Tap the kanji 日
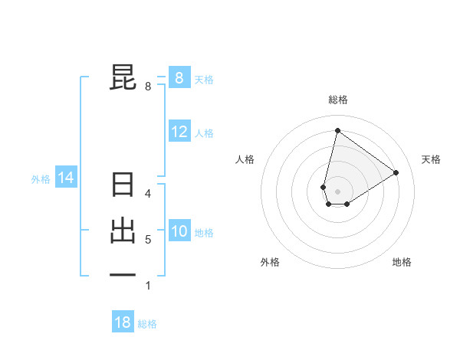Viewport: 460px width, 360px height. [123, 186]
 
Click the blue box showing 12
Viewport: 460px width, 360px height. [179, 132]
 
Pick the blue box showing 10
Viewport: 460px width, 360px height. [179, 231]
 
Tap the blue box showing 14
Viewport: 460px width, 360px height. [66, 178]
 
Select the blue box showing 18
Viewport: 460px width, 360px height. [123, 322]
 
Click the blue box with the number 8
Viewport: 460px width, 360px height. [179, 77]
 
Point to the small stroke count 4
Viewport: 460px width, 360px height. [148, 194]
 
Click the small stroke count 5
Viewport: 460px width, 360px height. [148, 240]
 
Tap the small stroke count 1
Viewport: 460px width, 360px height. [148, 286]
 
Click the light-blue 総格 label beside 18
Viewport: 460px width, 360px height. [147, 324]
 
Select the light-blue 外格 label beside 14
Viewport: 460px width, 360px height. [41, 180]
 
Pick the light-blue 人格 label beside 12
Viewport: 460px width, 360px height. [204, 133]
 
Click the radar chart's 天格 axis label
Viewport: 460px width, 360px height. [431, 159]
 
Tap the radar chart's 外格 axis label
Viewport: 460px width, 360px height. [270, 262]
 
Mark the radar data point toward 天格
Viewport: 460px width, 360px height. [396, 172]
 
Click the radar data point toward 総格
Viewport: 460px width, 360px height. [337, 130]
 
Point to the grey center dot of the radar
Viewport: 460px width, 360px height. [337, 191]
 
